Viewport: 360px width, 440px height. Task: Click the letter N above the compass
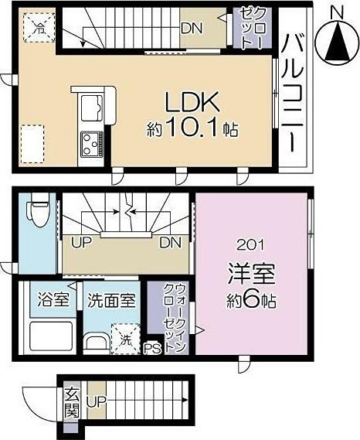[x=336, y=11]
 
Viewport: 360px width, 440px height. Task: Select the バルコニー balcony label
[x=294, y=92]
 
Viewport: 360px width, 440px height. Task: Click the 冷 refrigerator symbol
[x=36, y=29]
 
